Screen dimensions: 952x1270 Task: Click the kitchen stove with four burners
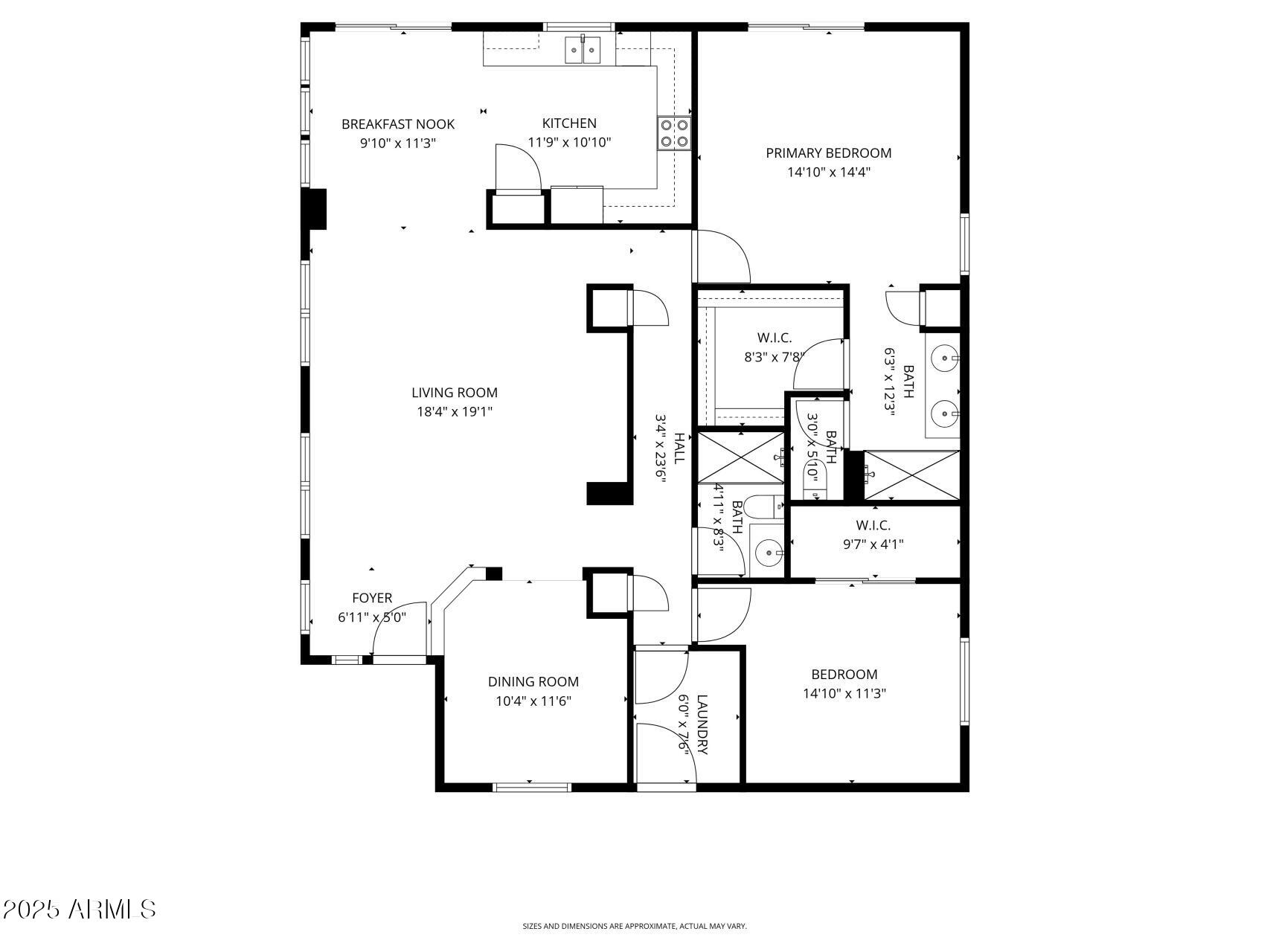674,133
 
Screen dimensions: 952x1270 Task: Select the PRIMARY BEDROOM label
828,153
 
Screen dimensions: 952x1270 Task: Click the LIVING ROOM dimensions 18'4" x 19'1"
455,411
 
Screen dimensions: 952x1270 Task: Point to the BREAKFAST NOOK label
397,124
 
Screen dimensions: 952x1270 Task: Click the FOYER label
371,598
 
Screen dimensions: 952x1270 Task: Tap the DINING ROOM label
533,681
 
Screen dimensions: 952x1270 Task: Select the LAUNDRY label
702,724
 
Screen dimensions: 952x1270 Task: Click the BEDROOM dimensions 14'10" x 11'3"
844,694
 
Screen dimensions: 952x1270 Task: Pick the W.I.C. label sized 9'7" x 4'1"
873,525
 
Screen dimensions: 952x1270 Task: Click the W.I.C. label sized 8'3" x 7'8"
774,338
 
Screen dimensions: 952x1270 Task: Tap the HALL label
679,448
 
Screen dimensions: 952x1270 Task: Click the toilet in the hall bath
763,507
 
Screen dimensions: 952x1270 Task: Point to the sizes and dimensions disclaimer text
634,926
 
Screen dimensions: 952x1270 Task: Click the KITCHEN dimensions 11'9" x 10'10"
569,142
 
